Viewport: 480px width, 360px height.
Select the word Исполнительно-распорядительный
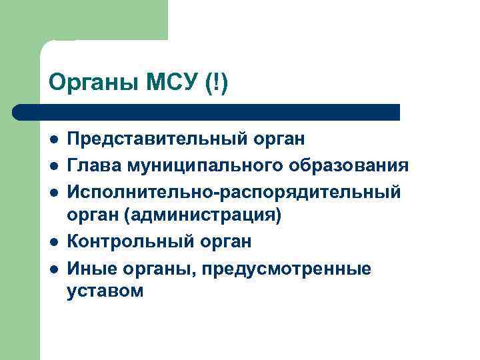234,192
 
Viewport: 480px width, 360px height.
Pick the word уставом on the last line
105,292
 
